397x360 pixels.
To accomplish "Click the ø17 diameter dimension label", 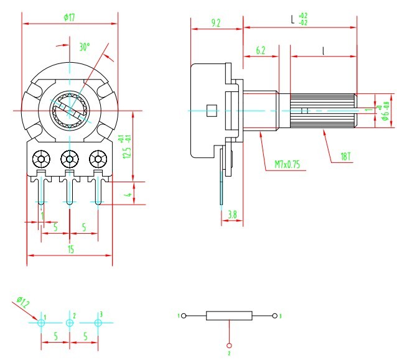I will tap(69, 17).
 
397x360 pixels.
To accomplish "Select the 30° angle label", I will tap(84, 47).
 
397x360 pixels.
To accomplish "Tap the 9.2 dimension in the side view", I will tap(216, 23).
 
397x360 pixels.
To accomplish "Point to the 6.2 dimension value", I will tap(260, 52).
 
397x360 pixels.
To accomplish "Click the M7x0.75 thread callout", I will tap(287, 165).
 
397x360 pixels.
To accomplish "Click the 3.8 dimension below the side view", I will tap(231, 215).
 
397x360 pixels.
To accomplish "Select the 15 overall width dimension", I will tap(70, 249).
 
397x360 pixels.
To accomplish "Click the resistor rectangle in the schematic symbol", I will tap(230, 315).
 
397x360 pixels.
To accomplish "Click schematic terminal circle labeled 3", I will tap(276, 316).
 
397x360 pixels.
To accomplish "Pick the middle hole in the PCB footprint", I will tap(69, 323).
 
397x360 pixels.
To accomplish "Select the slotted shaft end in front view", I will tap(70, 110).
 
